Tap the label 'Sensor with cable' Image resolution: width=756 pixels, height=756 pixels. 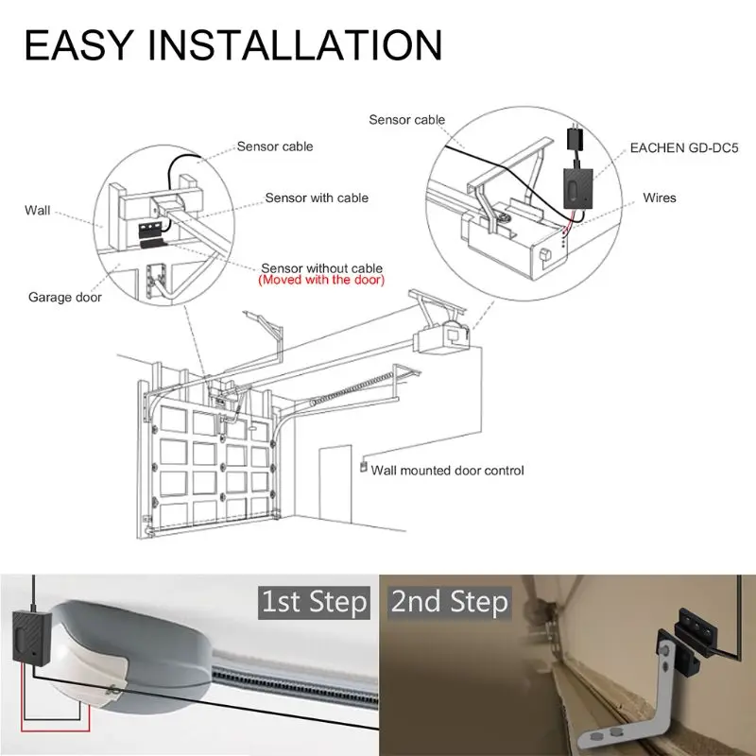click(316, 198)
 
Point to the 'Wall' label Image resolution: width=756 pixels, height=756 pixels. click(38, 210)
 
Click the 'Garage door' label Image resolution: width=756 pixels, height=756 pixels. click(64, 297)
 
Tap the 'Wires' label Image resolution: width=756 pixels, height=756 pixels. click(659, 198)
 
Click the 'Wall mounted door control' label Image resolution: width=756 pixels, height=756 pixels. click(447, 470)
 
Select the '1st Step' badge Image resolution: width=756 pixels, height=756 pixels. click(313, 602)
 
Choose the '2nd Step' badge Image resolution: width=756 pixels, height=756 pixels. click(450, 602)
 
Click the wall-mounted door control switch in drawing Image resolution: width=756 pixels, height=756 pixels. click(361, 465)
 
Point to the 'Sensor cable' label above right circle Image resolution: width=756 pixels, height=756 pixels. click(406, 120)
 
